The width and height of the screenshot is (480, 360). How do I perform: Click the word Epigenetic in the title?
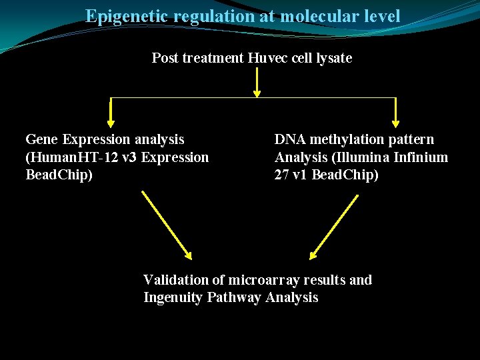point(127,16)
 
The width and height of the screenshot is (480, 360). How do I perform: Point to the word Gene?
point(41,139)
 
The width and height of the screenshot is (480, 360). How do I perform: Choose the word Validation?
point(175,280)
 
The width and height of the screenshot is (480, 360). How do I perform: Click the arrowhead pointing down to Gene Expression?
point(111,122)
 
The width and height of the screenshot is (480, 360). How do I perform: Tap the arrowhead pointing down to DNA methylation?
point(396,122)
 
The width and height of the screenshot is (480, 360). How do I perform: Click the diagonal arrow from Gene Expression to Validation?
point(166,225)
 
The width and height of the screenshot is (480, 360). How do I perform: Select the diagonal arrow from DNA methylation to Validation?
point(335,225)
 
